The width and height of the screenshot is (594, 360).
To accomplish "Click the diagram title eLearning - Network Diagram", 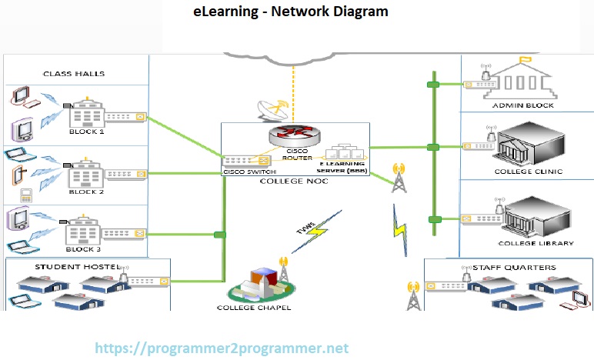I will click(290, 12).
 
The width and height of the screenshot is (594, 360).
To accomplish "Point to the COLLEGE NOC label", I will click(295, 182).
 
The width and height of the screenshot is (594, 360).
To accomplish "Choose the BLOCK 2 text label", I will click(86, 192).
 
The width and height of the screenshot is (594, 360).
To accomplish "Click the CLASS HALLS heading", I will click(74, 74).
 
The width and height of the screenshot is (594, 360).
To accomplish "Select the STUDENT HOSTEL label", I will click(69, 267).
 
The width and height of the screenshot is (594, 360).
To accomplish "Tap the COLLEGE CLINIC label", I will click(529, 172).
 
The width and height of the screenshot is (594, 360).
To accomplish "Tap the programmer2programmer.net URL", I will click(222, 348).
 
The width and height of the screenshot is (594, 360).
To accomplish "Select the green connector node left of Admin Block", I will click(433, 82).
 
